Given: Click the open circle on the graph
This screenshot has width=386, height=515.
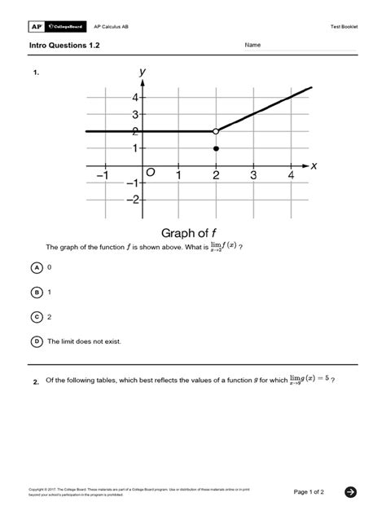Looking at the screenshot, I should click(x=216, y=131).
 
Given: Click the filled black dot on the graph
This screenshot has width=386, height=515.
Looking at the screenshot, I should click(x=216, y=148).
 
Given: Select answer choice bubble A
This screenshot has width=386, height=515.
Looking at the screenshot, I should click(x=37, y=267).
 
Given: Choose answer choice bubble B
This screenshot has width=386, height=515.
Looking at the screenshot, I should click(x=37, y=292).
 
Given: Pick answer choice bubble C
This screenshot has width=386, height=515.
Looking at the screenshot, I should click(x=37, y=316).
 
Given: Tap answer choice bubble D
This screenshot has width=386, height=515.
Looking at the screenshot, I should click(x=37, y=341).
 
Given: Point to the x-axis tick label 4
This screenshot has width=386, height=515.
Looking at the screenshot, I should click(x=291, y=176).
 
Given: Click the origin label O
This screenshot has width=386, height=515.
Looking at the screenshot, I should click(x=151, y=174).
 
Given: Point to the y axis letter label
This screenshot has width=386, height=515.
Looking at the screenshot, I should click(x=143, y=73).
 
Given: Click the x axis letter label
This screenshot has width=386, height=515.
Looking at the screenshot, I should click(x=313, y=165).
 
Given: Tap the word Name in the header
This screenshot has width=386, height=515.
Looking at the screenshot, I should click(x=252, y=45).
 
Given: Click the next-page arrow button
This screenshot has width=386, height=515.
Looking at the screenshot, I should click(x=350, y=491).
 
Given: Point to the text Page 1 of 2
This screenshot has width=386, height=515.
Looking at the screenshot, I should click(x=309, y=491).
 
